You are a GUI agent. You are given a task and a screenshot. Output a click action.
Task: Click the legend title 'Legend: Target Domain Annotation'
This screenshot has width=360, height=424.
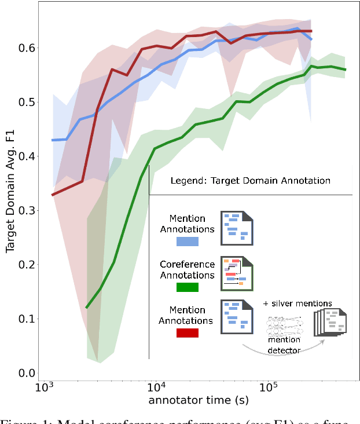(x=250, y=181)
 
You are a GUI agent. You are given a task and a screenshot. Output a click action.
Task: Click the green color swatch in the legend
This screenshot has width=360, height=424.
(x=188, y=287)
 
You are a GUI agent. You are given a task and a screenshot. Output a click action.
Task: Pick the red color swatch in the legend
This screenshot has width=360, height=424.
(x=188, y=332)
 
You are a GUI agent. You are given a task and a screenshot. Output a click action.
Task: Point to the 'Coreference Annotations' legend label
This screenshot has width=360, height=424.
(x=187, y=269)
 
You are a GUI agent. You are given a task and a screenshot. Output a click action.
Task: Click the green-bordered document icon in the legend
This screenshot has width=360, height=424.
(x=237, y=273)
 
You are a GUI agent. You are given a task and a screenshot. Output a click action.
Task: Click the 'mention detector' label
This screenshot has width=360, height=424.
(x=284, y=345)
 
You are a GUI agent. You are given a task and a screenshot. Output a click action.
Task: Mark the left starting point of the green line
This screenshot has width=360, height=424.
(x=86, y=308)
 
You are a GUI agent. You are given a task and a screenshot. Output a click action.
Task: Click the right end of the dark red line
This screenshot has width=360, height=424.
(x=311, y=31)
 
